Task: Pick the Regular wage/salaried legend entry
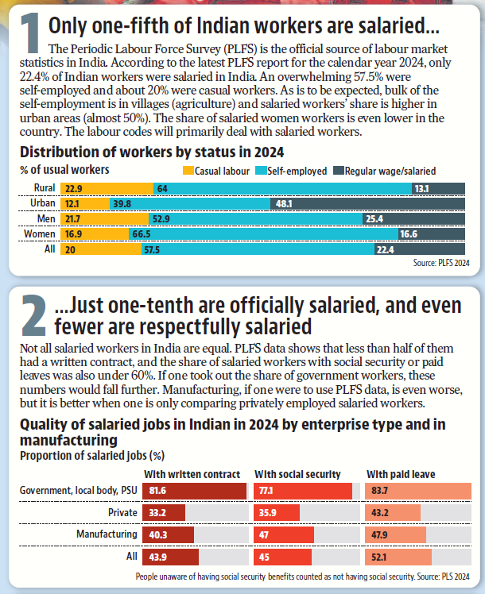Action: [390, 170]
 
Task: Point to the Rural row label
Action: [44, 188]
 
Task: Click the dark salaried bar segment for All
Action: [419, 249]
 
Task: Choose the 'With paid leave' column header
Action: [401, 474]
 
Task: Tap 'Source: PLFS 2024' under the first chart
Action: [444, 262]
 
